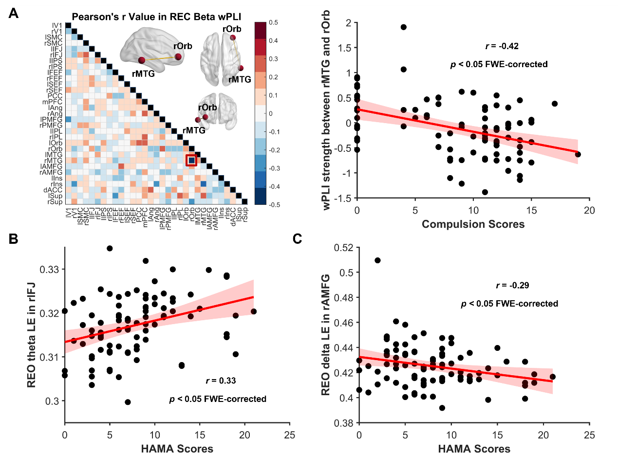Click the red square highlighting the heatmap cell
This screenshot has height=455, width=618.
pyautogui.click(x=191, y=160)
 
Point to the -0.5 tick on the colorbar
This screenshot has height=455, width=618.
pyautogui.click(x=274, y=205)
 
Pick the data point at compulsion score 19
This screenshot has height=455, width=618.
pyautogui.click(x=578, y=154)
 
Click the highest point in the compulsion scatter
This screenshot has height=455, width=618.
pyautogui.click(x=404, y=27)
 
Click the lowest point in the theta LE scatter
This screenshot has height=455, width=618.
pyautogui.click(x=128, y=402)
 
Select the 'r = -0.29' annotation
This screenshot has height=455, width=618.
pyautogui.click(x=512, y=285)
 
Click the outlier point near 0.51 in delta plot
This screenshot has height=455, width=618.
pyautogui.click(x=377, y=260)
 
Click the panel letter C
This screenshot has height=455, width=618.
pyautogui.click(x=298, y=238)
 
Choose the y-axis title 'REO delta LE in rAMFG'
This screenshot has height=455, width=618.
pyautogui.click(x=327, y=335)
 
